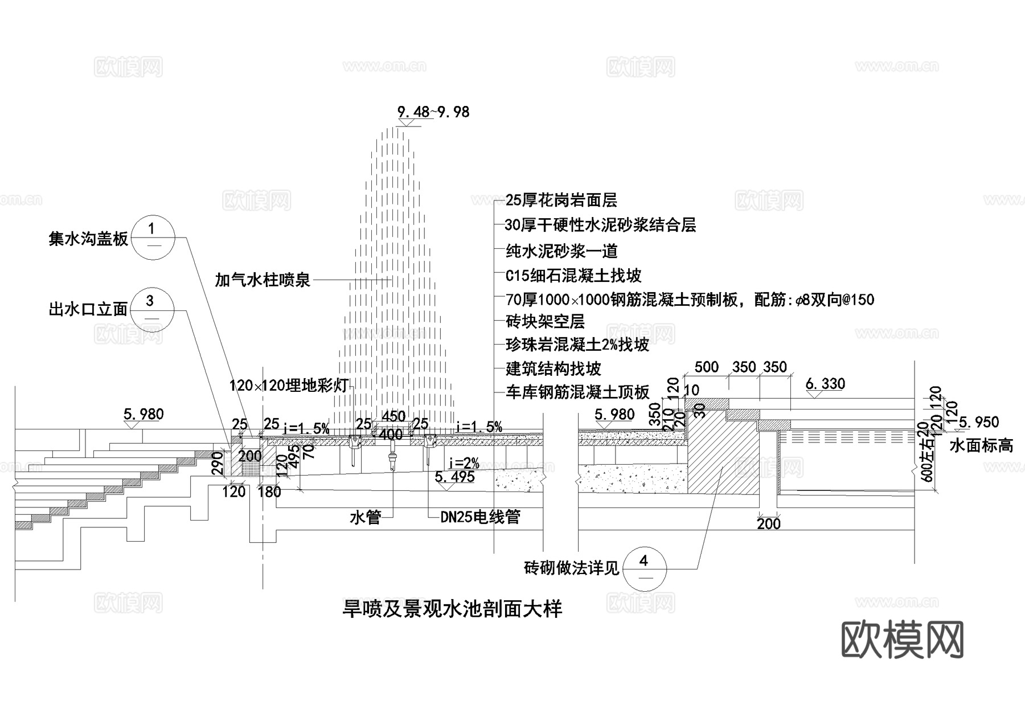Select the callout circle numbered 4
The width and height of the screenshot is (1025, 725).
tap(644, 568)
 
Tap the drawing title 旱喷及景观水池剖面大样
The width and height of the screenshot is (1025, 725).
tap(452, 609)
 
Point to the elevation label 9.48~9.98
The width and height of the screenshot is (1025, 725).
tap(433, 112)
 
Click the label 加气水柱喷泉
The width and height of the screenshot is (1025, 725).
tap(263, 280)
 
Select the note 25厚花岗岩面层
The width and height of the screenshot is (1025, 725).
tap(561, 200)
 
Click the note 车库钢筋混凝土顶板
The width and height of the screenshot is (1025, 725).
tap(577, 392)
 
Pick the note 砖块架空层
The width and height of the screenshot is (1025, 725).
tap(545, 322)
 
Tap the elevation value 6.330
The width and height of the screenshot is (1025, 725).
tap(825, 384)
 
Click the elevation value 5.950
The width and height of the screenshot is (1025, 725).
tap(979, 422)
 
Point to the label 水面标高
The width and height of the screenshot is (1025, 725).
tap(981, 445)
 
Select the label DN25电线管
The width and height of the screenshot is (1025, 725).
tap(481, 517)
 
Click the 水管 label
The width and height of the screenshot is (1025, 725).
tap(364, 518)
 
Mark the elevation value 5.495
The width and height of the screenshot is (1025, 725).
tap(454, 477)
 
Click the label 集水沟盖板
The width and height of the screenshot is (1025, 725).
tap(88, 239)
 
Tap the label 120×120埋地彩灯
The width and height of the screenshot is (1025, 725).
tap(289, 386)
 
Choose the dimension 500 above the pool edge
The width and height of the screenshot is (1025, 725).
tap(706, 367)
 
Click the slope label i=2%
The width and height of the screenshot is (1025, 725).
tap(464, 462)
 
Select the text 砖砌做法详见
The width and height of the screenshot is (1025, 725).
tap(571, 568)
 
